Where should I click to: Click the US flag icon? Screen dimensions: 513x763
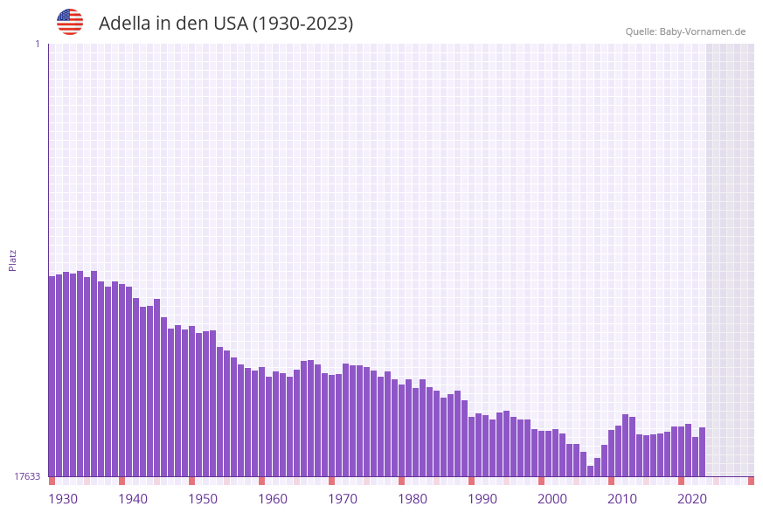click(70, 22)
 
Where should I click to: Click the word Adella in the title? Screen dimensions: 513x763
click(125, 24)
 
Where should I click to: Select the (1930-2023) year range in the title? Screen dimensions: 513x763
click(302, 24)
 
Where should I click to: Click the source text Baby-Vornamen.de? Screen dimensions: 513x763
click(703, 31)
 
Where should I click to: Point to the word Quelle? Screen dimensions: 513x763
click(641, 31)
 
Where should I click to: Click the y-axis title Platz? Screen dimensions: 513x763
click(13, 260)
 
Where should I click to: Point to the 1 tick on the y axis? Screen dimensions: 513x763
click(37, 44)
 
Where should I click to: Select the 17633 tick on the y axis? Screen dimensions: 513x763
click(27, 476)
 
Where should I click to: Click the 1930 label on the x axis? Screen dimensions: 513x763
click(63, 498)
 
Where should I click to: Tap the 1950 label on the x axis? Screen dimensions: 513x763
click(203, 498)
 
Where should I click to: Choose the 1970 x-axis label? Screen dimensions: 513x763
click(343, 498)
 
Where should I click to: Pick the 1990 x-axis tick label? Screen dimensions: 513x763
click(482, 498)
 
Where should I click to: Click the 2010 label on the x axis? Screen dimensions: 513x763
click(622, 498)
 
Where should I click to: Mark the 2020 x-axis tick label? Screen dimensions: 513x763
click(692, 498)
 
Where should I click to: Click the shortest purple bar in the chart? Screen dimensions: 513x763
click(591, 471)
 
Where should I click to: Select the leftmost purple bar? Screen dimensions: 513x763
click(52, 376)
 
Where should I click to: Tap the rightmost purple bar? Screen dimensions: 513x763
click(702, 452)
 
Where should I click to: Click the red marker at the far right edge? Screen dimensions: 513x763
click(751, 481)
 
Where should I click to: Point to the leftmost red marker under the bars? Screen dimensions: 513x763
click(52, 481)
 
